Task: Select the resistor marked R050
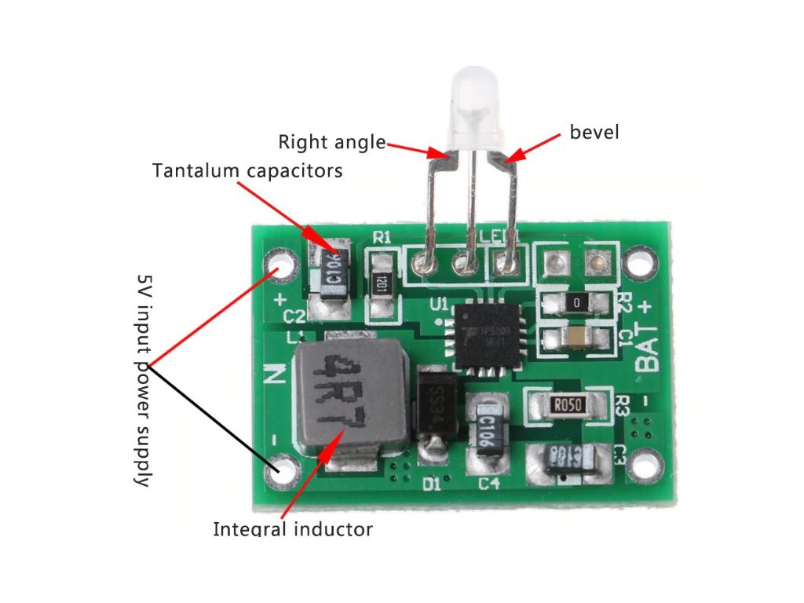click(x=567, y=405)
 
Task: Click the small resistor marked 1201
click(x=382, y=281)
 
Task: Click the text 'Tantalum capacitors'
click(x=247, y=170)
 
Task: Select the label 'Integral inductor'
click(x=293, y=529)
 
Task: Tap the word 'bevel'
click(x=594, y=132)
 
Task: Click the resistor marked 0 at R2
click(x=577, y=302)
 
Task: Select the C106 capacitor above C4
click(x=485, y=429)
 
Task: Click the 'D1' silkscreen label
click(x=432, y=484)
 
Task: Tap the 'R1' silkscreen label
click(x=382, y=236)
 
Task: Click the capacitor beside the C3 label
click(x=566, y=458)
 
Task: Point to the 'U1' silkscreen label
click(x=438, y=303)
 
